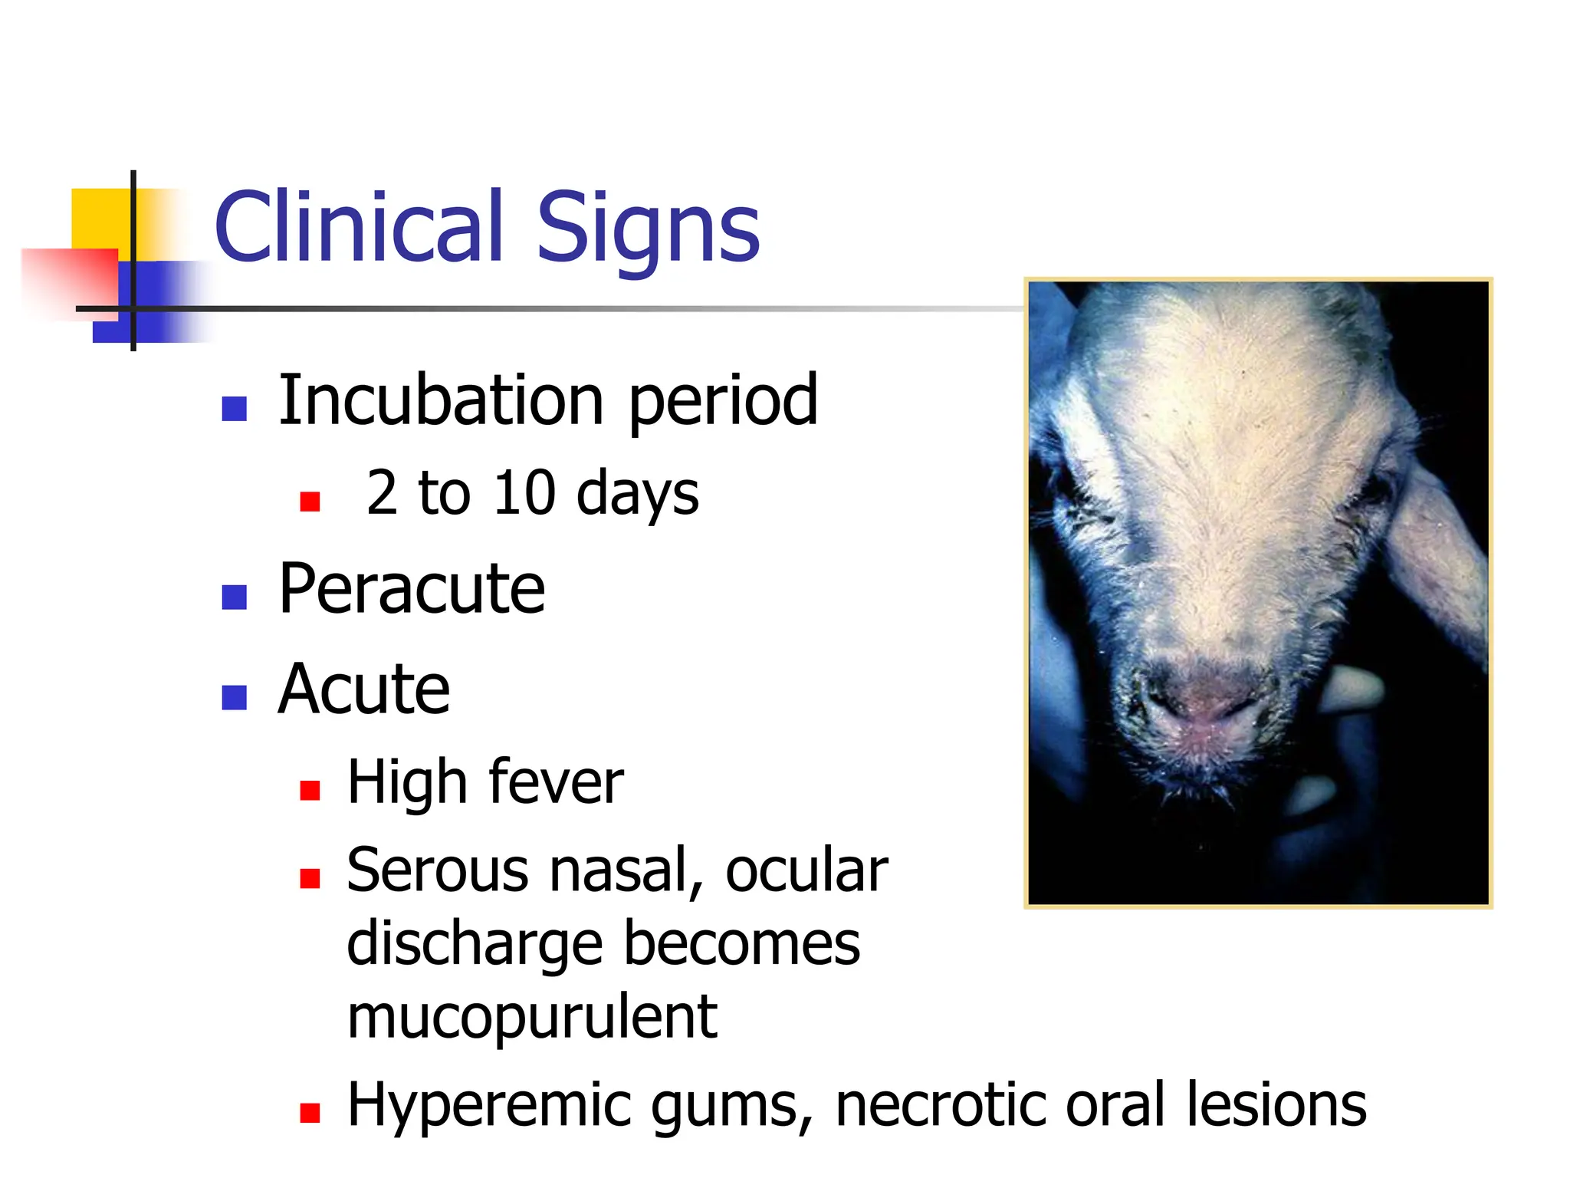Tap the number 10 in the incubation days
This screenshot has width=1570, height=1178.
(x=524, y=492)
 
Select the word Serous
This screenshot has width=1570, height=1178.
(x=438, y=870)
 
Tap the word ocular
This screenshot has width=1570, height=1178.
(x=806, y=870)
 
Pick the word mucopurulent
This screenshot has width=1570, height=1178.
(x=532, y=1017)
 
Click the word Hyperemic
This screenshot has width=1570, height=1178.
(x=488, y=1106)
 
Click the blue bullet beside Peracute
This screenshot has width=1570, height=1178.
(x=234, y=597)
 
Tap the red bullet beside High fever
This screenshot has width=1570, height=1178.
(x=310, y=790)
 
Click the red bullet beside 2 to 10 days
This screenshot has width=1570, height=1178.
(x=310, y=502)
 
